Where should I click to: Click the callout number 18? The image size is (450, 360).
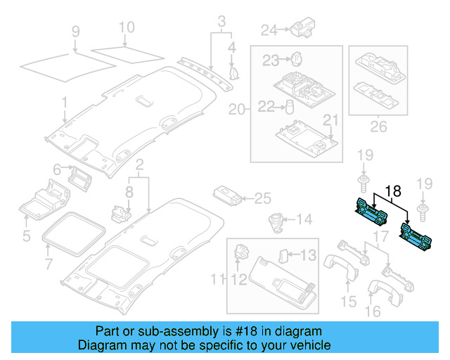point(392,189)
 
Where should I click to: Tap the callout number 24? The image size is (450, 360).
point(269,30)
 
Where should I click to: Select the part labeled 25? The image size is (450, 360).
point(226,197)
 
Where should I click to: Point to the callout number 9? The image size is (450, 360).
point(76,32)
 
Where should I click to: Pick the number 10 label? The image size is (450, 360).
point(126,29)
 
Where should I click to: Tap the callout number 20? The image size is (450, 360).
point(237,110)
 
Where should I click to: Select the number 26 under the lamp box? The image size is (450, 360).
point(378,127)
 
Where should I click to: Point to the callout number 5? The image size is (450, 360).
point(26,236)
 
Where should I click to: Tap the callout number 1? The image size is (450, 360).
point(64,103)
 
